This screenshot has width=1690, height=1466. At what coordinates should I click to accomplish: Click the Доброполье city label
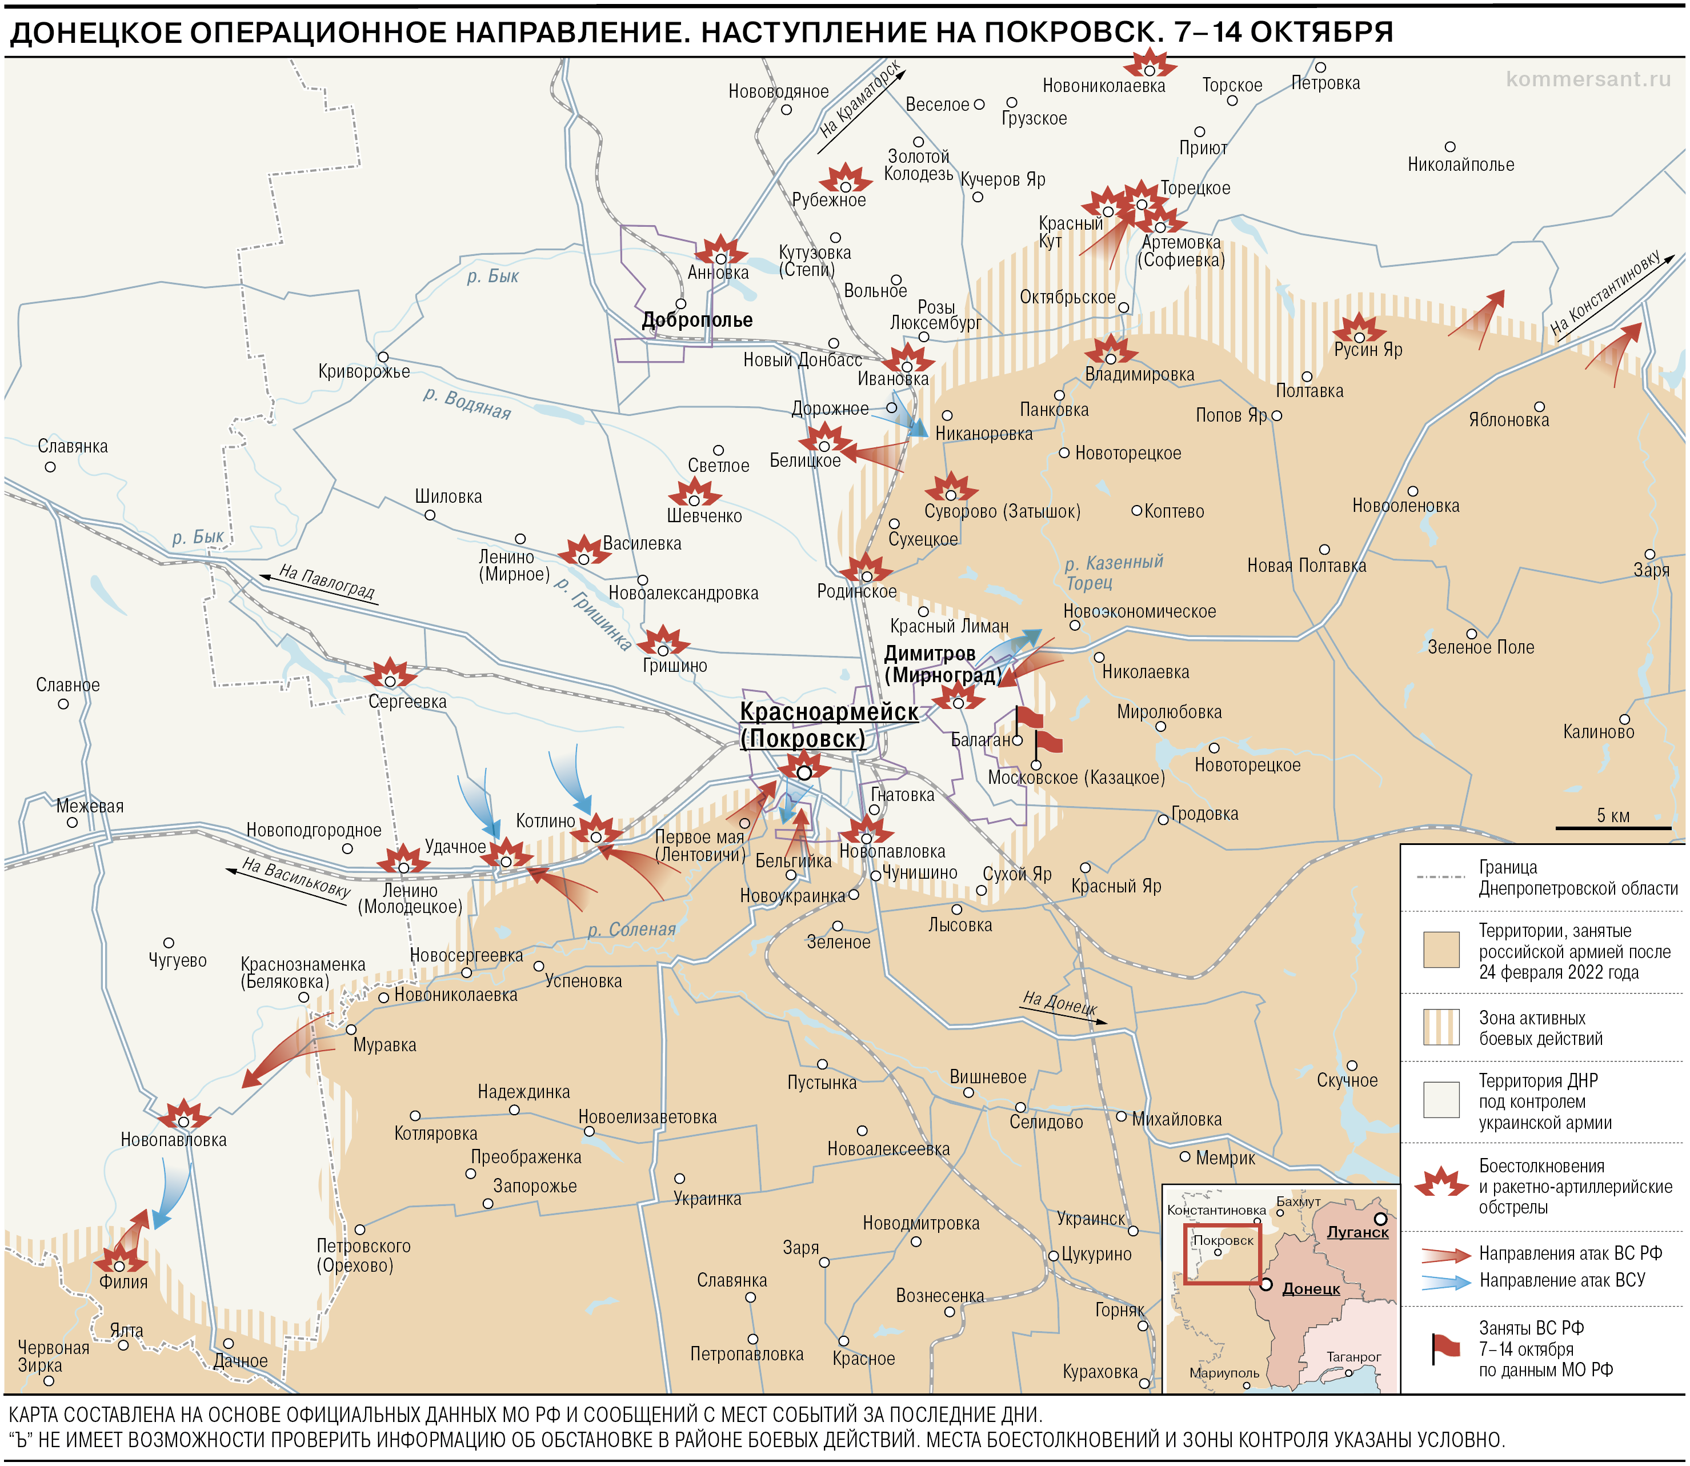tap(697, 320)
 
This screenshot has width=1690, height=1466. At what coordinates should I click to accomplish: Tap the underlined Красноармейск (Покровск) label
tap(828, 725)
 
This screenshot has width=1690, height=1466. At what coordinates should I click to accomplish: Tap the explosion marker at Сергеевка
tap(390, 676)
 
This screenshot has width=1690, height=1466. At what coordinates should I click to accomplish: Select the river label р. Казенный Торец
tap(1112, 572)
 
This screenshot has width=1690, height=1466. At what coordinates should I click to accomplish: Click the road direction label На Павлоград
tap(326, 582)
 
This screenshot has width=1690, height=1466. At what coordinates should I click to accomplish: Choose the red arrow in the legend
tap(1445, 1254)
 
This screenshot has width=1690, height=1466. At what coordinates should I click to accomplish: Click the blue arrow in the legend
tap(1445, 1281)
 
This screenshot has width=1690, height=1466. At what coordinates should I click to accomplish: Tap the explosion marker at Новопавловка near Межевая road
tap(183, 1117)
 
